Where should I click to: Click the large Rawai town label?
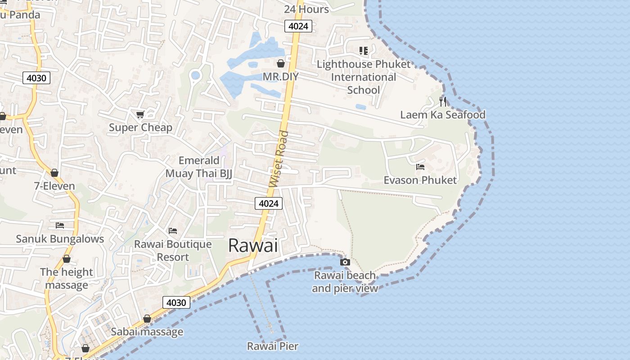(x=253, y=245)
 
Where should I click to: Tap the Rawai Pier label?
(x=273, y=346)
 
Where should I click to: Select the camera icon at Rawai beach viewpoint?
(x=345, y=262)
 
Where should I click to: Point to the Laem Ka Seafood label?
(x=443, y=115)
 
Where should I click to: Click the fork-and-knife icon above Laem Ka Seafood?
(x=443, y=101)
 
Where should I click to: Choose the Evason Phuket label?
(x=420, y=180)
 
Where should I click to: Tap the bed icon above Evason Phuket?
(x=420, y=166)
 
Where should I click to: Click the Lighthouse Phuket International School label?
(x=364, y=77)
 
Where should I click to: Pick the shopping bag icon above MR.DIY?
(x=281, y=63)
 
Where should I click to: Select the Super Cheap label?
(x=140, y=127)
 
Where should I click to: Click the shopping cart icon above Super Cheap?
(x=140, y=114)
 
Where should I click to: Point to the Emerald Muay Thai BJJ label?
(x=199, y=167)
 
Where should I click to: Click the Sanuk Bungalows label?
(x=60, y=238)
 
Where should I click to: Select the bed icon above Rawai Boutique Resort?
(x=173, y=231)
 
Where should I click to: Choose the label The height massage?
(x=67, y=279)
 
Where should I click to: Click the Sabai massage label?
(x=147, y=332)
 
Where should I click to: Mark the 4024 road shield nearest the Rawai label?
(x=269, y=203)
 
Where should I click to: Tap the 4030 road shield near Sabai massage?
(x=176, y=302)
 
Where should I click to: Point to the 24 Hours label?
(x=306, y=9)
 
